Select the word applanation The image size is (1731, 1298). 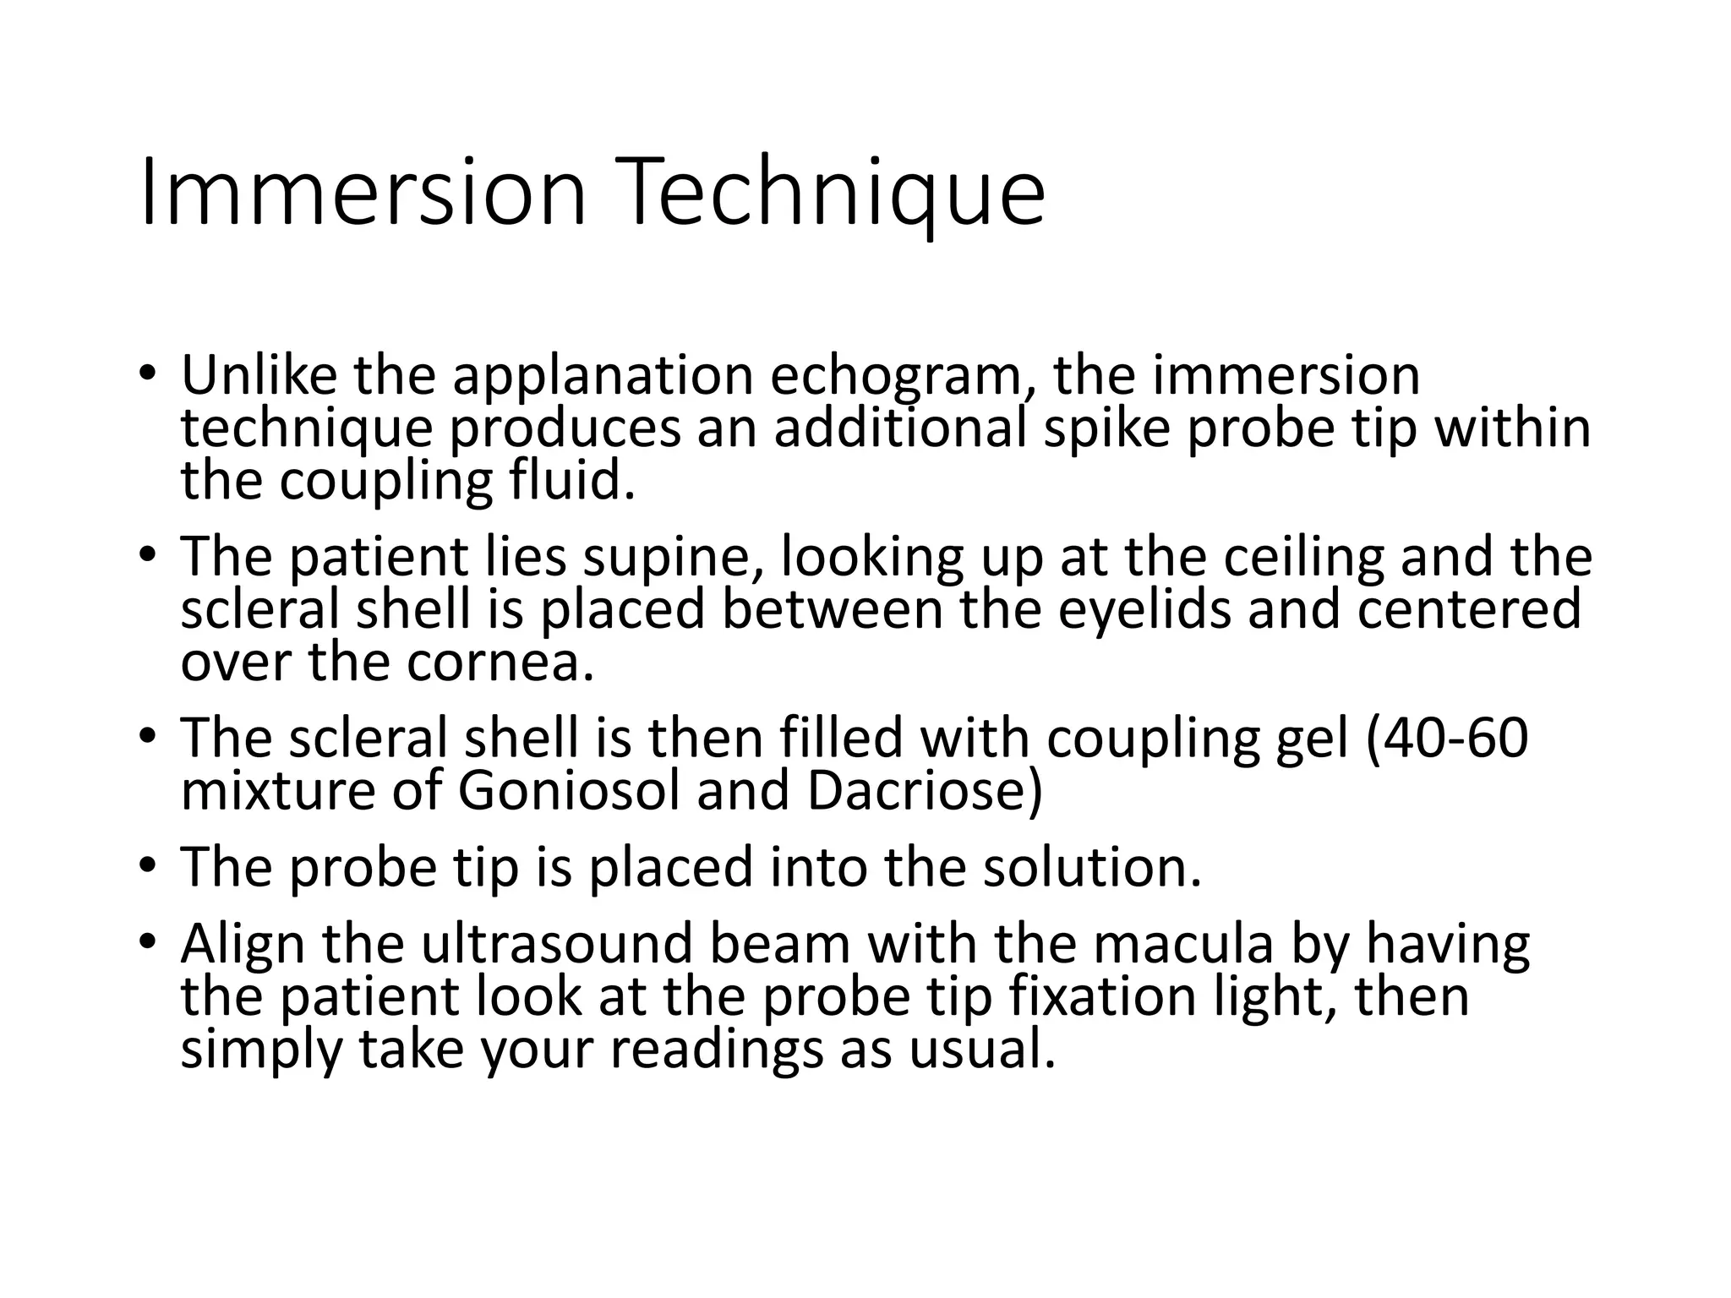(x=602, y=376)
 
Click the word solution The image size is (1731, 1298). (x=1091, y=868)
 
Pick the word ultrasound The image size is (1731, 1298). (x=559, y=945)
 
